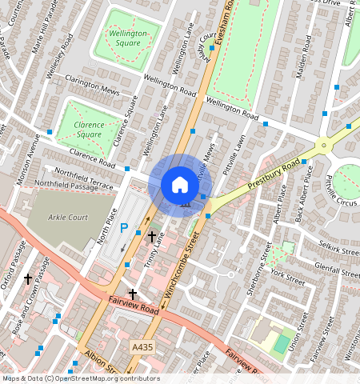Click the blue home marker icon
tap(180, 185)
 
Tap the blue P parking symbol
tap(124, 228)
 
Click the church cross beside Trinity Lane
tap(152, 236)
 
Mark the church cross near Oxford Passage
tap(28, 278)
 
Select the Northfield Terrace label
tap(79, 175)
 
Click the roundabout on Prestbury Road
tap(324, 146)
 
